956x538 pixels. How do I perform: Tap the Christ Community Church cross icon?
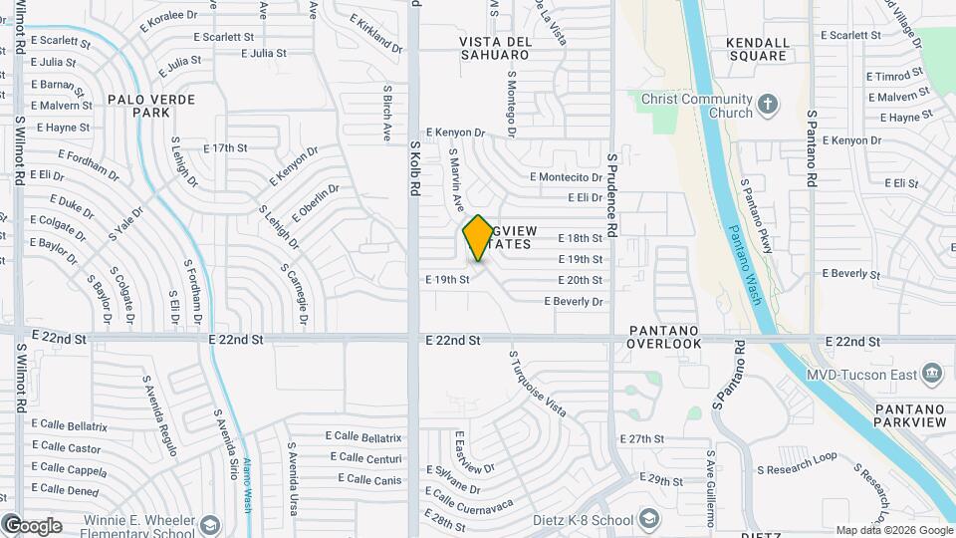[x=767, y=103]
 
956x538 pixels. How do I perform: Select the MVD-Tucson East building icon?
[x=932, y=374]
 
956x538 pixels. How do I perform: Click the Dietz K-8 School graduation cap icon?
[x=648, y=519]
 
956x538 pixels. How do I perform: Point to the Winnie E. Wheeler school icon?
[x=210, y=524]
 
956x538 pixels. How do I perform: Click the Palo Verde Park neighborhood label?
[x=162, y=106]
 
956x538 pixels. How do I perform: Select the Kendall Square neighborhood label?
[x=758, y=50]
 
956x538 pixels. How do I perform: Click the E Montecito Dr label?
[x=565, y=177]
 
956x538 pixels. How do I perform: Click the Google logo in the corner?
[x=33, y=525]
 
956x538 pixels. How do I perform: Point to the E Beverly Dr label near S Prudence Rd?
[x=573, y=301]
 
